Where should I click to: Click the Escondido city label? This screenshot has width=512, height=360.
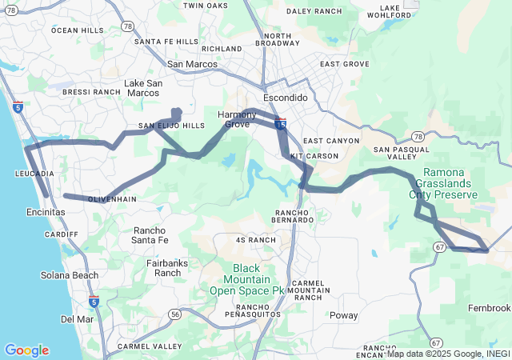click(285, 97)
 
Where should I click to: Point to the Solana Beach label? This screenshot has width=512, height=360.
click(70, 275)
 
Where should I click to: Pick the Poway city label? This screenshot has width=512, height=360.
click(344, 315)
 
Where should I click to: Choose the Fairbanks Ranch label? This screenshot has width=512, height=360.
click(167, 267)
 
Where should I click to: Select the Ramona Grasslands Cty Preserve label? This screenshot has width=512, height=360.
click(449, 183)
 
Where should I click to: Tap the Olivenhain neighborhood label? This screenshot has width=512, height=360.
click(111, 198)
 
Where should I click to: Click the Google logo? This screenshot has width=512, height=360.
click(26, 350)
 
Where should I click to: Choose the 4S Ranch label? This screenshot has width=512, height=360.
click(256, 240)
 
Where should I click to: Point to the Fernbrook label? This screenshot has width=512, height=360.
click(489, 308)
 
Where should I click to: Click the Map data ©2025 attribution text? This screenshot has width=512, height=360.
click(448, 354)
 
